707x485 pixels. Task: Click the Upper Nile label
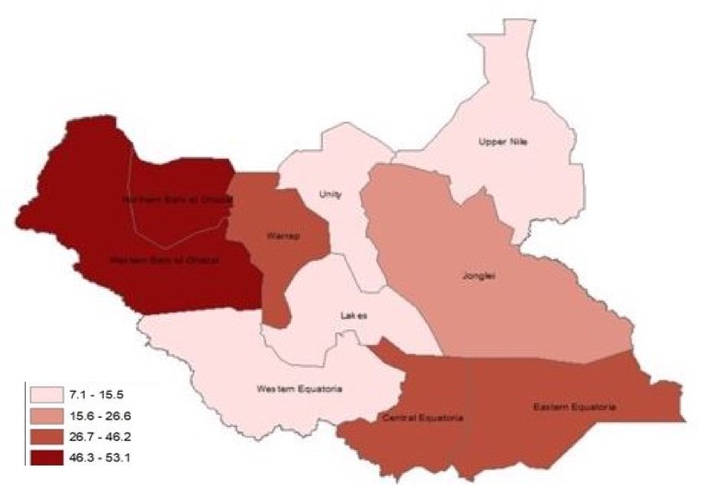pyautogui.click(x=502, y=142)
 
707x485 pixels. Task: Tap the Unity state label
pyautogui.click(x=330, y=195)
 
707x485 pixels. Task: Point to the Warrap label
pyautogui.click(x=279, y=236)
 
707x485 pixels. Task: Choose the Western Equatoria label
pyautogui.click(x=299, y=388)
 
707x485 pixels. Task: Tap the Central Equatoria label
pyautogui.click(x=422, y=418)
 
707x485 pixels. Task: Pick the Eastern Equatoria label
pyautogui.click(x=574, y=406)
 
